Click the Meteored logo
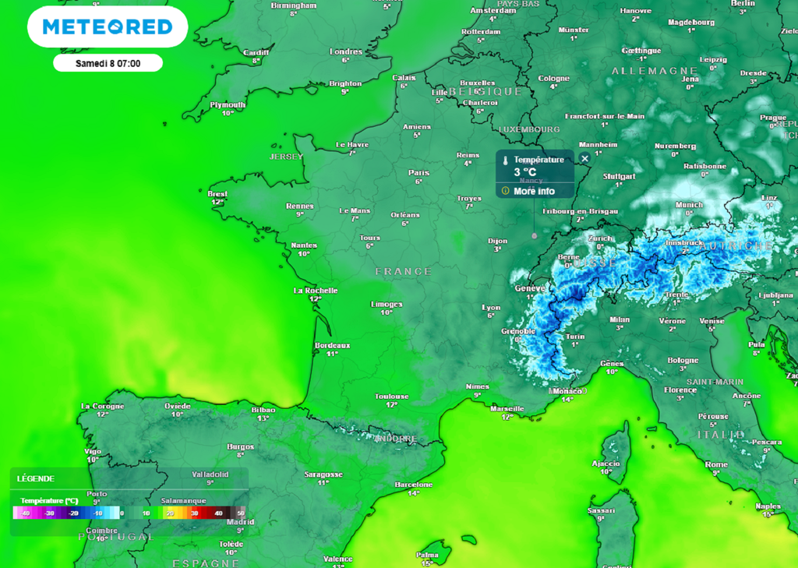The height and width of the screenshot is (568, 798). (108, 27)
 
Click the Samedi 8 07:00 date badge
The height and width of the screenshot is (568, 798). (108, 63)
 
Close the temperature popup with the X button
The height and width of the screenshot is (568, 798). (584, 159)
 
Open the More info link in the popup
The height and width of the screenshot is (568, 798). (534, 191)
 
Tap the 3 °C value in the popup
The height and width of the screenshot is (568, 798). (524, 172)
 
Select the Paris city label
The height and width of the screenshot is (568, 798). (419, 173)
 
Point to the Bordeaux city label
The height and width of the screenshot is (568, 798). (332, 345)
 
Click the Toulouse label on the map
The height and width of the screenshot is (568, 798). (391, 397)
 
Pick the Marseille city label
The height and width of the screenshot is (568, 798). (507, 408)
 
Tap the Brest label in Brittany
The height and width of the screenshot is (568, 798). (217, 194)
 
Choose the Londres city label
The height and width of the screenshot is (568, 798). (346, 52)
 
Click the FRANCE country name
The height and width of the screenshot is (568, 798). (403, 271)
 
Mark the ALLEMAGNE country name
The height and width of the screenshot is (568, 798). (644, 71)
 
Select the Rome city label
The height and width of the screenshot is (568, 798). (716, 464)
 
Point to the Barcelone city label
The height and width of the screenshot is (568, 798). (414, 484)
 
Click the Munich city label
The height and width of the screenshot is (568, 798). (689, 205)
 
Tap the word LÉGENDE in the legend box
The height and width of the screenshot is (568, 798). (36, 478)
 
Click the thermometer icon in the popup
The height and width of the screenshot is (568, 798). (505, 160)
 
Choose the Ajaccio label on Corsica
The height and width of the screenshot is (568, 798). (606, 463)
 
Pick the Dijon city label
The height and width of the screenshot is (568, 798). (497, 241)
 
